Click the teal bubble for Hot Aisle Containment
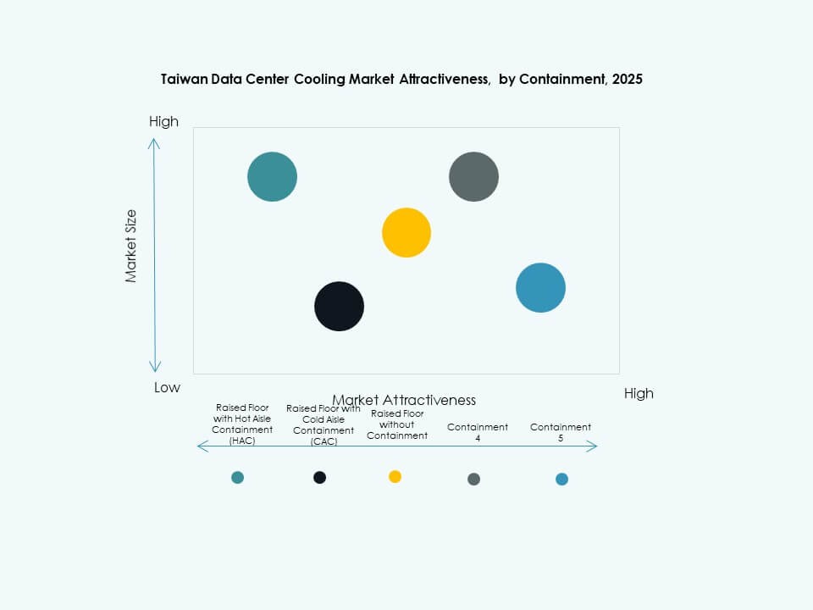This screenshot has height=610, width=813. [x=272, y=177]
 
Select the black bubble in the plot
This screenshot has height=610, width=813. [x=339, y=306]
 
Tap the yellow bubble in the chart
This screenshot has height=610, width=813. [x=406, y=232]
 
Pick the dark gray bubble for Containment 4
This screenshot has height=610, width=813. [x=473, y=177]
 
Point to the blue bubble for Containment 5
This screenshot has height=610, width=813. [x=540, y=288]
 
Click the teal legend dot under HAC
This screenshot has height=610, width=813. [x=237, y=478]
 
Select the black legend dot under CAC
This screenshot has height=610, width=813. [x=319, y=478]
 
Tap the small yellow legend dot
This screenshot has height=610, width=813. [x=395, y=477]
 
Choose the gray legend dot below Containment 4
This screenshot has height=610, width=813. [x=473, y=480]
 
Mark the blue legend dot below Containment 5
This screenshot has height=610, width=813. [x=561, y=480]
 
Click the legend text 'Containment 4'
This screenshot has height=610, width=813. [x=478, y=433]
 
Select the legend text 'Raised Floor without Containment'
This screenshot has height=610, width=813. [x=397, y=424]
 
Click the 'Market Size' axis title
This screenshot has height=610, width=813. [x=131, y=246]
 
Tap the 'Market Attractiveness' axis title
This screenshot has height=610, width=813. [x=404, y=400]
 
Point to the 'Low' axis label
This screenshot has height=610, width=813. [x=167, y=387]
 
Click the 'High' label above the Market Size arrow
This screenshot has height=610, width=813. [x=163, y=121]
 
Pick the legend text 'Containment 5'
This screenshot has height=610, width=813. [x=561, y=433]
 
